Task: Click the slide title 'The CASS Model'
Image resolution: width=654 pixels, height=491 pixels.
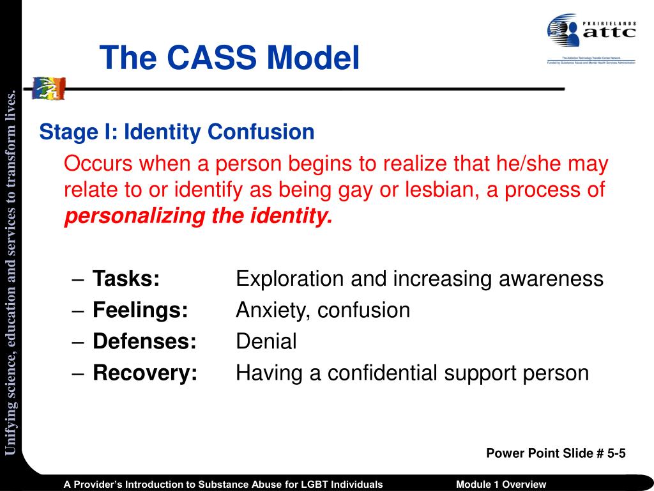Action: click(x=229, y=58)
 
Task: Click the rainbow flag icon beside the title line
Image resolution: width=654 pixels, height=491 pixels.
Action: click(x=49, y=88)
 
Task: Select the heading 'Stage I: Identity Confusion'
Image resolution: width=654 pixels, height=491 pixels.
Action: click(x=177, y=132)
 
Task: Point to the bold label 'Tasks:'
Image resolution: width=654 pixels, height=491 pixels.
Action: click(x=126, y=279)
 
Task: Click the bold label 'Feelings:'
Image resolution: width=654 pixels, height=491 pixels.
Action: click(x=141, y=310)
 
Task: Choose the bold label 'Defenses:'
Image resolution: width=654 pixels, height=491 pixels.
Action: click(x=144, y=341)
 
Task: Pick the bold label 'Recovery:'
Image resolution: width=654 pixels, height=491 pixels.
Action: click(x=145, y=373)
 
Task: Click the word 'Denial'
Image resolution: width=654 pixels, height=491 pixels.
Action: click(x=266, y=341)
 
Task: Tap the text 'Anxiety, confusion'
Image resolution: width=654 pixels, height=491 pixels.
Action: click(x=323, y=310)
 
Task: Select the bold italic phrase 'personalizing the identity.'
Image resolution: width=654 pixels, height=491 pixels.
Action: click(x=199, y=217)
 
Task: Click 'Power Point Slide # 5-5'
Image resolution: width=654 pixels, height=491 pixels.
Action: click(x=556, y=453)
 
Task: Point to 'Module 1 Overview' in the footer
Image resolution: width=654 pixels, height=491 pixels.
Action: click(x=501, y=484)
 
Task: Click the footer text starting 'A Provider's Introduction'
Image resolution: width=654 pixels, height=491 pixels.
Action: click(x=223, y=484)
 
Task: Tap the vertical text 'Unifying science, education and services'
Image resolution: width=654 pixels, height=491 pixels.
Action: click(x=11, y=275)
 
